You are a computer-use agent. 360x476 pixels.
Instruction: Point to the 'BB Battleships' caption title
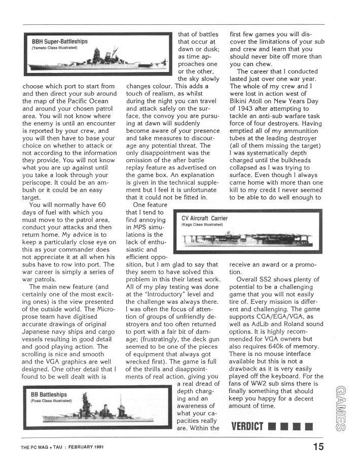point(49,394)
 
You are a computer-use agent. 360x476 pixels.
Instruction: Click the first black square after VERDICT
point(274,426)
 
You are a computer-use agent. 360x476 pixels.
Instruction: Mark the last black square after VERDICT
point(309,426)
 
